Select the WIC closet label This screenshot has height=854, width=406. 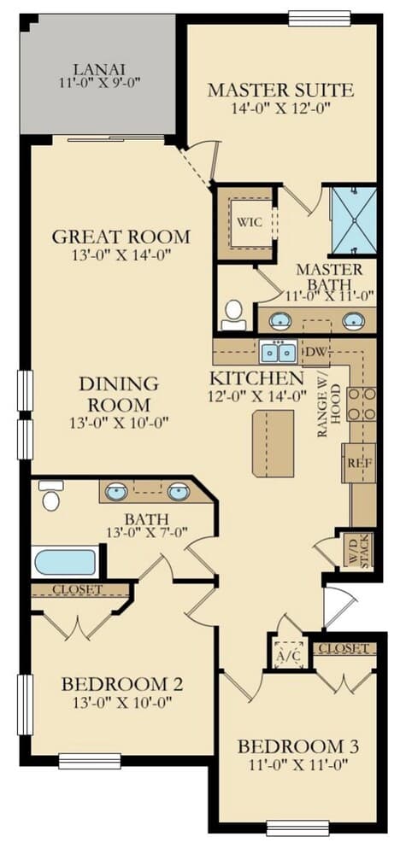249,222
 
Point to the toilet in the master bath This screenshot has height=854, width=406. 232,314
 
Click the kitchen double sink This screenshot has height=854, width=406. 279,352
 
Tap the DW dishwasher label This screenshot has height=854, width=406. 316,352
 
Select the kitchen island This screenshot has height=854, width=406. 273,442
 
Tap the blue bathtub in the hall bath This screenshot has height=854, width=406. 66,562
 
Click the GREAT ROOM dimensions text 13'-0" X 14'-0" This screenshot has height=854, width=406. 121,254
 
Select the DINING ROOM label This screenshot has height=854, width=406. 120,395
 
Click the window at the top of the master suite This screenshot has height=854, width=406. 319,16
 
